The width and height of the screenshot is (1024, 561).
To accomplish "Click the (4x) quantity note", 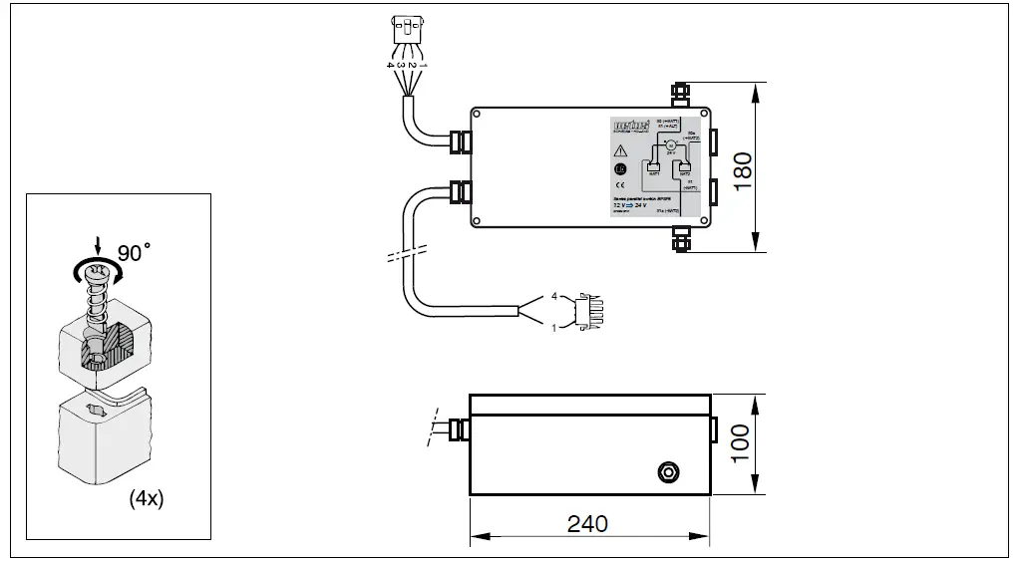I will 146,498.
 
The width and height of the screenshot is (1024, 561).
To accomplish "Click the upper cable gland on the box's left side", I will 459,140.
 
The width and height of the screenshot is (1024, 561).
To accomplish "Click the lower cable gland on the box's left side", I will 459,191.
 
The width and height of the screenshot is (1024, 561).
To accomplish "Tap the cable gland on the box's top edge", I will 682,95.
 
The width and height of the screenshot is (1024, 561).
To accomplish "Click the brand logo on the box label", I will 630,127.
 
